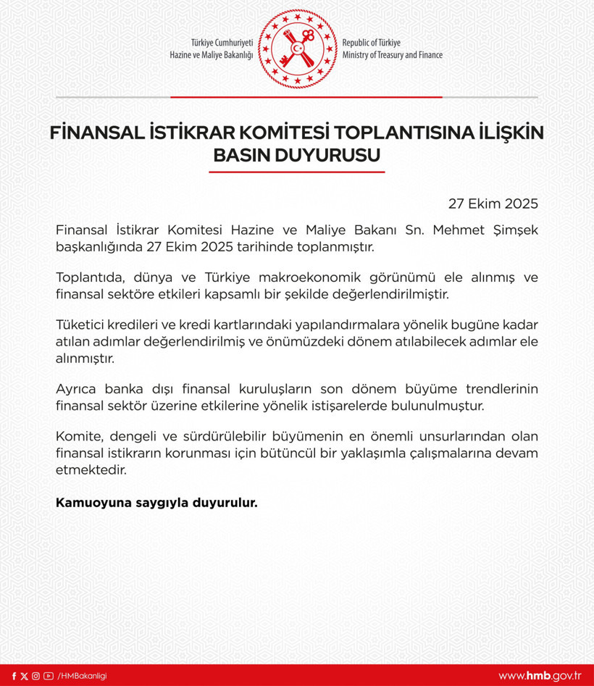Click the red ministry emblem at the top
point(297,48)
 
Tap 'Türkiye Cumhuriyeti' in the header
point(222,43)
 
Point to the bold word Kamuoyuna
point(91,501)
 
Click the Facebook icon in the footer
point(14,676)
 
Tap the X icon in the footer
point(25,676)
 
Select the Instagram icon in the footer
point(36,676)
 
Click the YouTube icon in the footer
point(48,676)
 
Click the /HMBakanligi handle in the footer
point(82,676)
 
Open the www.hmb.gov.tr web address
point(540,676)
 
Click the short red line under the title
point(297,172)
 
